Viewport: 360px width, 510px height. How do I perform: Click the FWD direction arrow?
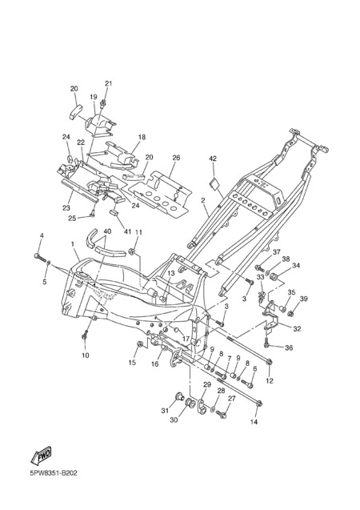point(42,456)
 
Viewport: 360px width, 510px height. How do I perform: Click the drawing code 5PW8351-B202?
point(54,473)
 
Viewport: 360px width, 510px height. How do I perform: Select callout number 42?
point(213,159)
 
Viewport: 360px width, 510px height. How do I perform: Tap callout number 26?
point(176,158)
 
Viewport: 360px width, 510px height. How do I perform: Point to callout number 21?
point(108,83)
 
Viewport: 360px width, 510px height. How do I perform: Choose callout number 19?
point(94,97)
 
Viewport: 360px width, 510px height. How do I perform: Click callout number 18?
point(142,137)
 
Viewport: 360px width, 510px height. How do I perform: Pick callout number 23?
point(66,207)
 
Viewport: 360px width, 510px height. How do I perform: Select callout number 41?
point(127,231)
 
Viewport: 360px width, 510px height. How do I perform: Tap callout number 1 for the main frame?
point(73,244)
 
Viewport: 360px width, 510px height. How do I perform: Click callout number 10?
point(85,355)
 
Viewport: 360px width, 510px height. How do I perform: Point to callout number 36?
point(289,347)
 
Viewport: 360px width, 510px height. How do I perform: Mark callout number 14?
point(254,422)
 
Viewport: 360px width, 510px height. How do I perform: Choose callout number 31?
point(165,411)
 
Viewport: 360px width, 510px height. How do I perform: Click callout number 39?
point(304,299)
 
